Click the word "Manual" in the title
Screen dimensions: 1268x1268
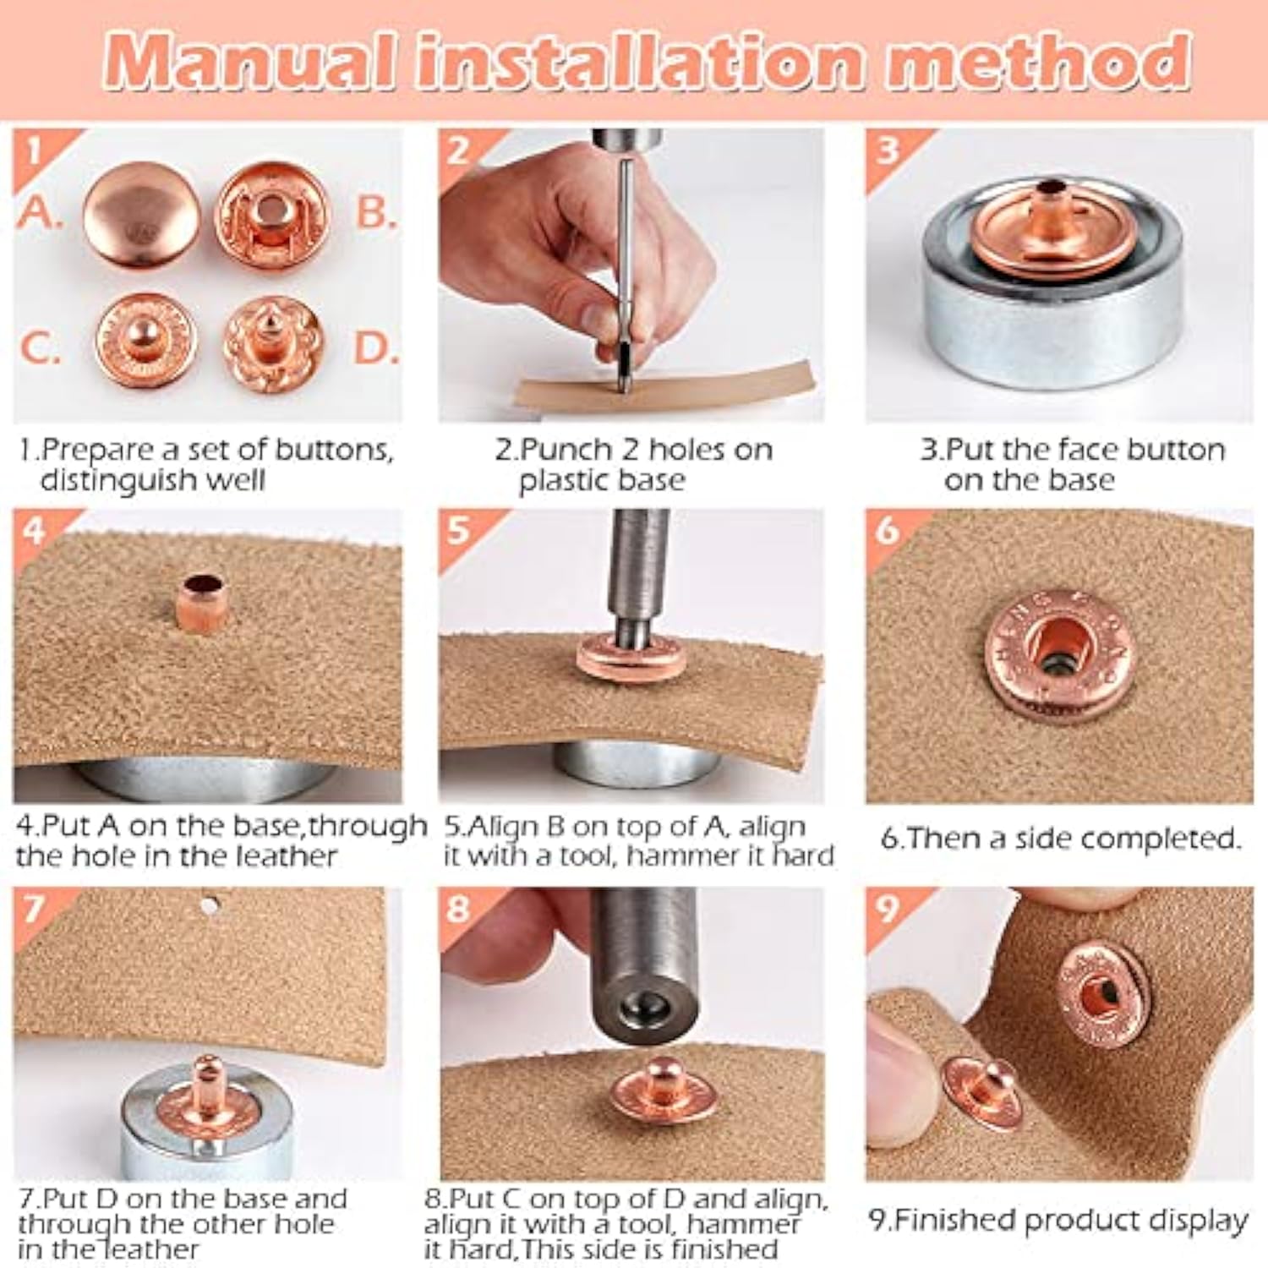point(250,60)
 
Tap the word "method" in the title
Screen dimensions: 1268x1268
point(1039,60)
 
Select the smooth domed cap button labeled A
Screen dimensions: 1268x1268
point(142,216)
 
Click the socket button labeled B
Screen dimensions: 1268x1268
point(271,215)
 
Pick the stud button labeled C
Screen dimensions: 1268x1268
point(146,340)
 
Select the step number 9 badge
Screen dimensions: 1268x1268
point(887,909)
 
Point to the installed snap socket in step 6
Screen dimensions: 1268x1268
point(1058,655)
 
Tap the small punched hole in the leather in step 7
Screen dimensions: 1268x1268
point(210,907)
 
